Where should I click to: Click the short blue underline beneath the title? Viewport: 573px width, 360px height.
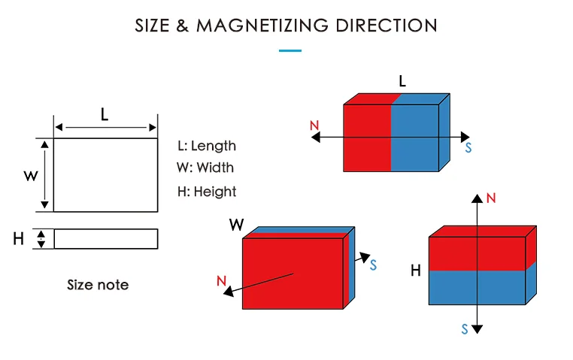(x=290, y=50)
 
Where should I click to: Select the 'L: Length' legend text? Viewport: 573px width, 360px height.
(x=207, y=146)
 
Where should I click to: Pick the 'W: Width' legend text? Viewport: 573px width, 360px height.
(x=205, y=168)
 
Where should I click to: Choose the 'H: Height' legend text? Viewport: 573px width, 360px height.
(x=207, y=192)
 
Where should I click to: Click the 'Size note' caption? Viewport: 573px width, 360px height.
(x=98, y=285)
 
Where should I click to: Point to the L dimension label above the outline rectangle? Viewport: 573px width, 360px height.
(x=105, y=115)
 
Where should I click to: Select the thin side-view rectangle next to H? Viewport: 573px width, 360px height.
(x=106, y=239)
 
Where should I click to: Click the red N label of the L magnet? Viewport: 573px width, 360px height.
(x=314, y=125)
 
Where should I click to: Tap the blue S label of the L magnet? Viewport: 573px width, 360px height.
(x=468, y=147)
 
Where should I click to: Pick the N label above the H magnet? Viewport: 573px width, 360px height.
(x=491, y=198)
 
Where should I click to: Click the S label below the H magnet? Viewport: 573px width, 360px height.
(x=464, y=328)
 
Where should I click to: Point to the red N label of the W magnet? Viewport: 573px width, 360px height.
(x=221, y=280)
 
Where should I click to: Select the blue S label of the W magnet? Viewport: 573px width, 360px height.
(x=373, y=265)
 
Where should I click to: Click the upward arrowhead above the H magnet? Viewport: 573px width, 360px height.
(x=476, y=198)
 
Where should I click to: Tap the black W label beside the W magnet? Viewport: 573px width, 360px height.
(x=236, y=225)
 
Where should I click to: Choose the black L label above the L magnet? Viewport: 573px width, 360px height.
(x=402, y=80)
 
